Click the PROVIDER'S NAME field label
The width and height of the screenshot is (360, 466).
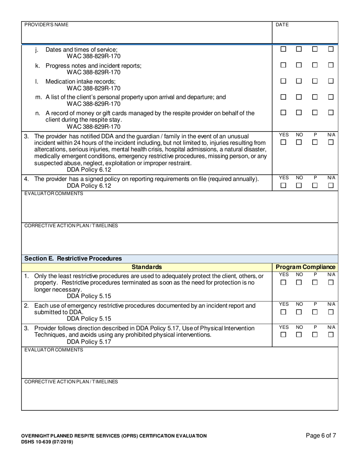(47, 25)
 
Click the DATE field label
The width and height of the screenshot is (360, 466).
(282, 25)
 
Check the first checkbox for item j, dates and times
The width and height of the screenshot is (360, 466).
(283, 49)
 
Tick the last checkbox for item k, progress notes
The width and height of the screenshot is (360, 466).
(331, 65)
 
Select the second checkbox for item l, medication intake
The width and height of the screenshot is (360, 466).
(299, 81)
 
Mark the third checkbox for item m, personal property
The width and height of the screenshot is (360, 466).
(315, 97)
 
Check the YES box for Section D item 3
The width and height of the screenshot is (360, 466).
(283, 142)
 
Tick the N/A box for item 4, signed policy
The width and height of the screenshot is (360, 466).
(331, 186)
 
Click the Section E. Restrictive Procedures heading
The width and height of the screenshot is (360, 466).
(73, 258)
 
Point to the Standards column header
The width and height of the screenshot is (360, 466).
(147, 267)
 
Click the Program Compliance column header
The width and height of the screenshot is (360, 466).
(305, 267)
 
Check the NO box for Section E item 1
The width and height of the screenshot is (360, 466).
(299, 283)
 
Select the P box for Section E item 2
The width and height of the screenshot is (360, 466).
(315, 312)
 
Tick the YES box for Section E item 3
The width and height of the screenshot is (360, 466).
(283, 335)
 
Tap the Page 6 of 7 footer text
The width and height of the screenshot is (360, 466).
(321, 435)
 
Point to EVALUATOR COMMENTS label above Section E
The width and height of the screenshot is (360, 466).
(53, 194)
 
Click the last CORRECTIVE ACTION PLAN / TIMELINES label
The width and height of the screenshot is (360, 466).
(71, 382)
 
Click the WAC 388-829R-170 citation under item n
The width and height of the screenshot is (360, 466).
(94, 127)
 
